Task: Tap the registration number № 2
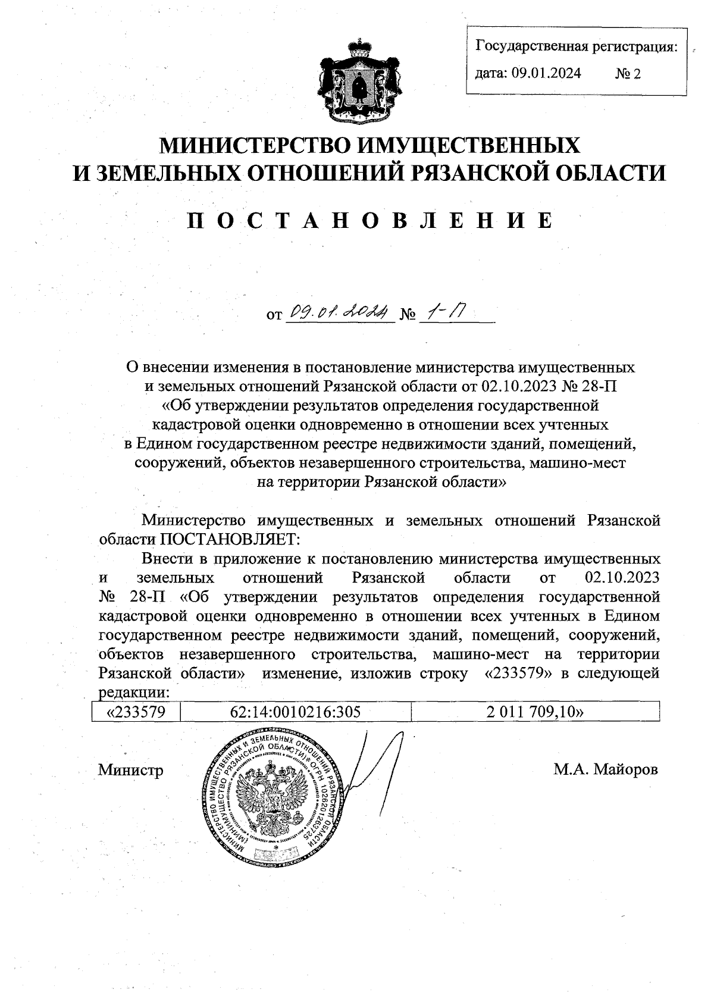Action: coord(628,74)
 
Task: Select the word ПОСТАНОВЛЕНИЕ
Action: coord(369,220)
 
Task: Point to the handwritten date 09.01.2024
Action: coord(340,311)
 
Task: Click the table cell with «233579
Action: coord(135,712)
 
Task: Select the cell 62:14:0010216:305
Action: coord(295,712)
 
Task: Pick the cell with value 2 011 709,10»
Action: coord(534,712)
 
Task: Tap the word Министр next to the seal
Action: coord(130,770)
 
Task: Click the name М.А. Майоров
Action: coord(606,769)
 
